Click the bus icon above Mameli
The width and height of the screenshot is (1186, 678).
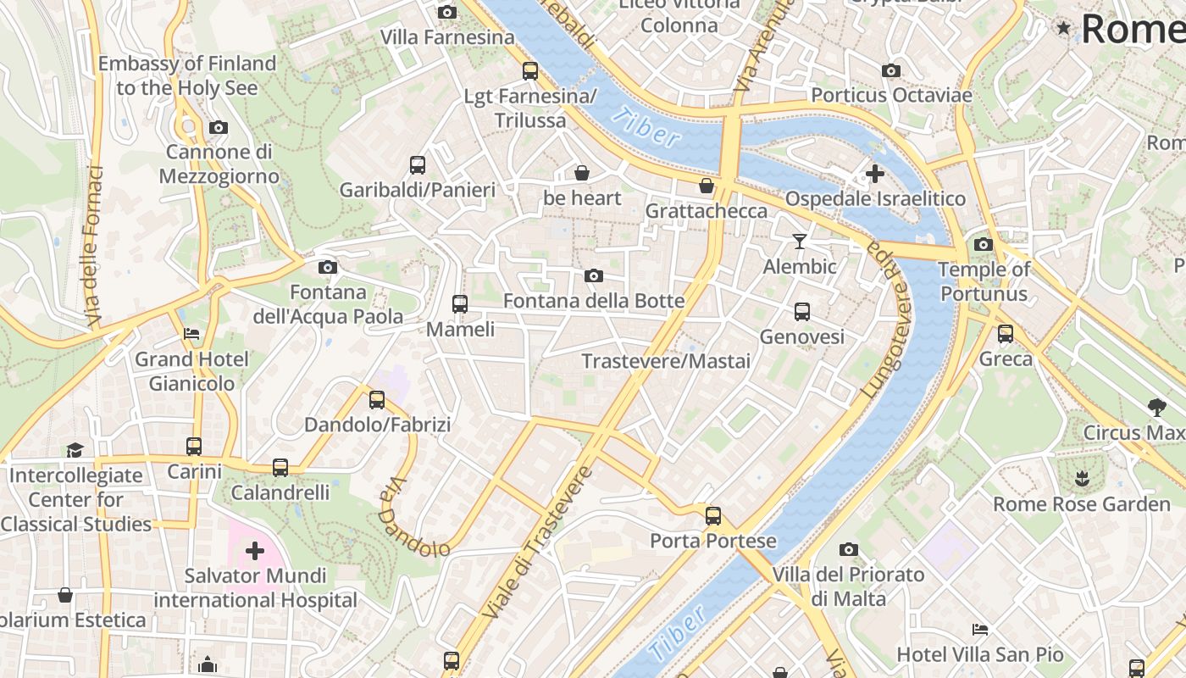pyautogui.click(x=459, y=303)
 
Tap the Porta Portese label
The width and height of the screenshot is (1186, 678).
pyautogui.click(x=712, y=541)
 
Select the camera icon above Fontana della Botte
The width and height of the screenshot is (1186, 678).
pyautogui.click(x=594, y=275)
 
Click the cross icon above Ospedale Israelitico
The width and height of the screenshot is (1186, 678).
pyautogui.click(x=874, y=174)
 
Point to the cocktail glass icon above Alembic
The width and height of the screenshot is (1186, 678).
pyautogui.click(x=799, y=242)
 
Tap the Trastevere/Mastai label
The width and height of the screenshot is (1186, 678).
pyautogui.click(x=666, y=361)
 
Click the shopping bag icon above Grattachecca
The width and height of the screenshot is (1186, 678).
pyautogui.click(x=706, y=186)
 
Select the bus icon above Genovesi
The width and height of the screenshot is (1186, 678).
pyautogui.click(x=801, y=312)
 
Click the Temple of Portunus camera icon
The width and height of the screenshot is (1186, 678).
pyautogui.click(x=983, y=245)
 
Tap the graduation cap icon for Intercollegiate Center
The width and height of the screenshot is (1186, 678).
pyautogui.click(x=75, y=450)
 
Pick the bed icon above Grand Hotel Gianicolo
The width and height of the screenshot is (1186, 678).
pyautogui.click(x=191, y=334)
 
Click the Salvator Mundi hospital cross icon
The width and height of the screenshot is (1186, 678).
pyautogui.click(x=254, y=552)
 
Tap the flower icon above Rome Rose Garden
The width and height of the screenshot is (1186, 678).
pyautogui.click(x=1081, y=479)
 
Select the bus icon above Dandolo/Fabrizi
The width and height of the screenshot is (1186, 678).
pyautogui.click(x=377, y=399)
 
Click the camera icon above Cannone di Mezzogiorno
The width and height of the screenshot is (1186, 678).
pyautogui.click(x=219, y=127)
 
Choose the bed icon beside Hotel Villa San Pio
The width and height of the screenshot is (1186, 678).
pyautogui.click(x=979, y=630)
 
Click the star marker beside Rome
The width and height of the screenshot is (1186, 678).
pyautogui.click(x=1063, y=29)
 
